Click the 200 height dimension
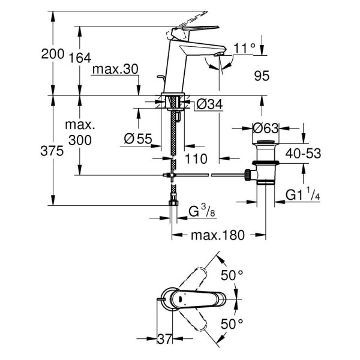click(x=52, y=55)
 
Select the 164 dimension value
click(x=79, y=58)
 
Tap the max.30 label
click(x=116, y=70)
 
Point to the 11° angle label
click(x=245, y=47)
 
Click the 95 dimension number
click(x=262, y=76)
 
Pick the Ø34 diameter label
click(x=209, y=104)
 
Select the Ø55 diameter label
click(x=138, y=138)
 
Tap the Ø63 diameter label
click(x=264, y=127)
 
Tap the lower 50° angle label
click(x=233, y=325)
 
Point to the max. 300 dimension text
click(x=80, y=133)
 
